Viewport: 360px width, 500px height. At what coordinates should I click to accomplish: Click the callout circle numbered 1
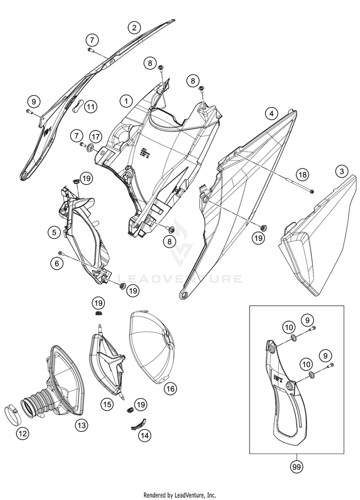pos(126,101)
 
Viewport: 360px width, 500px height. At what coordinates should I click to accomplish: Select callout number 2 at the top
pos(134,27)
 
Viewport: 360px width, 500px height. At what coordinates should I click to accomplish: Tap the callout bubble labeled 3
pos(341,171)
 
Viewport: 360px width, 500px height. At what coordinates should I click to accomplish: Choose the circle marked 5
pos(56,233)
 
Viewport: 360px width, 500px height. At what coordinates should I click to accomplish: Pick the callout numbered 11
pos(91,107)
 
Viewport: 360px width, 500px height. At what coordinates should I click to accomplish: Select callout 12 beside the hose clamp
pos(23,434)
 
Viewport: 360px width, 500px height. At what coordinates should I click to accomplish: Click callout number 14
pos(144,436)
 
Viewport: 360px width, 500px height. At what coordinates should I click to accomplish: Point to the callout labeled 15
pos(108,405)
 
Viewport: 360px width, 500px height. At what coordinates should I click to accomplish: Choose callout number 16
pos(169,389)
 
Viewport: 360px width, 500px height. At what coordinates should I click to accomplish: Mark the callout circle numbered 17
pos(96,137)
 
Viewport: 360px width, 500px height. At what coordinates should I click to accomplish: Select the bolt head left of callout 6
pos(60,253)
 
